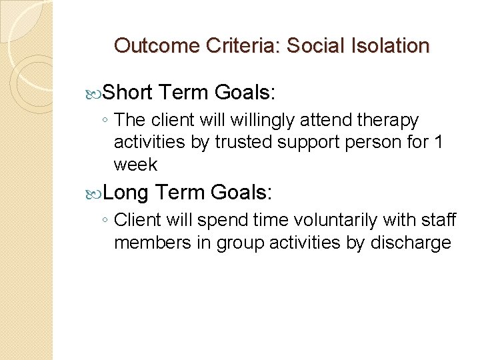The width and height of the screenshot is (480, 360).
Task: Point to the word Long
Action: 127,193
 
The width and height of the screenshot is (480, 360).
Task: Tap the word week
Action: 135,164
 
